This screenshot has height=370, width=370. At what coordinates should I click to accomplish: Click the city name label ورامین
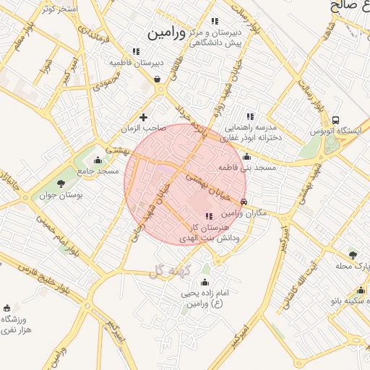167,33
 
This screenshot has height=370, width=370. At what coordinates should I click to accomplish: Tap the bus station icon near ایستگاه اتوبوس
335,120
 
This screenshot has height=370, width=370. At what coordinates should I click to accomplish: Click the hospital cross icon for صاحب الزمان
143,117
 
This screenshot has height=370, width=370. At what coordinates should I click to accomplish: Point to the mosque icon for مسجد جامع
98,160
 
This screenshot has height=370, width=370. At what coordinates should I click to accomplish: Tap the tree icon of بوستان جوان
61,184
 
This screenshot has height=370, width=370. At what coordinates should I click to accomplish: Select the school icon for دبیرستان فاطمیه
135,51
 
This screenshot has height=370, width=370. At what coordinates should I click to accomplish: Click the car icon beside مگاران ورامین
244,202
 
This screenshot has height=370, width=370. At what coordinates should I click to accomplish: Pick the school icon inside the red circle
209,215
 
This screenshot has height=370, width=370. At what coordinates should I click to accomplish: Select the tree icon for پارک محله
352,254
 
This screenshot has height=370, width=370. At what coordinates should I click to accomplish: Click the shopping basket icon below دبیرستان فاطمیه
157,79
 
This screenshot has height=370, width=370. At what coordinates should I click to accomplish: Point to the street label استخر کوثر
60,9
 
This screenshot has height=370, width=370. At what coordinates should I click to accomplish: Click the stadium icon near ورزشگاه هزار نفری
7,308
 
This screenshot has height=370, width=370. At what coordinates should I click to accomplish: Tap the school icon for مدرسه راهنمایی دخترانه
250,116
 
